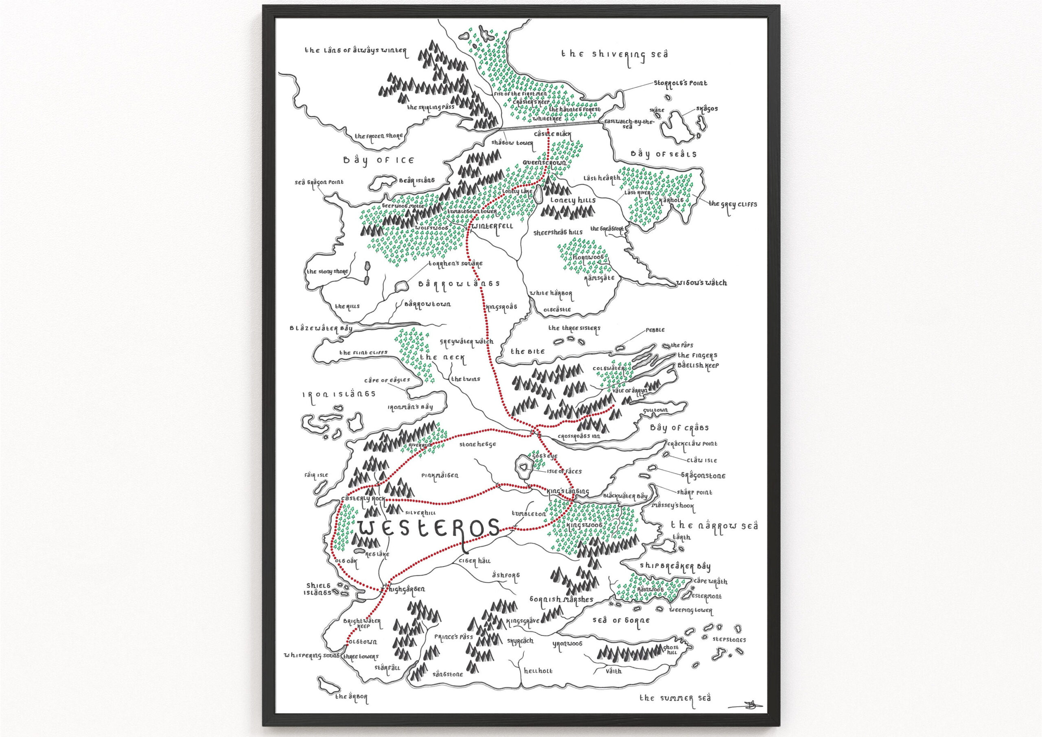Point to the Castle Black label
pyautogui.click(x=552, y=134)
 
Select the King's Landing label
pyautogui.click(x=567, y=491)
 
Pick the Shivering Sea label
pyautogui.click(x=615, y=55)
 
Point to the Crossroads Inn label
pyautogui.click(x=579, y=436)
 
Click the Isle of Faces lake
pyautogui.click(x=525, y=467)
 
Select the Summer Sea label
pyautogui.click(x=675, y=698)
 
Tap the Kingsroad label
pyautogui.click(x=501, y=307)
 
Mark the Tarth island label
pyautogui.click(x=682, y=537)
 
